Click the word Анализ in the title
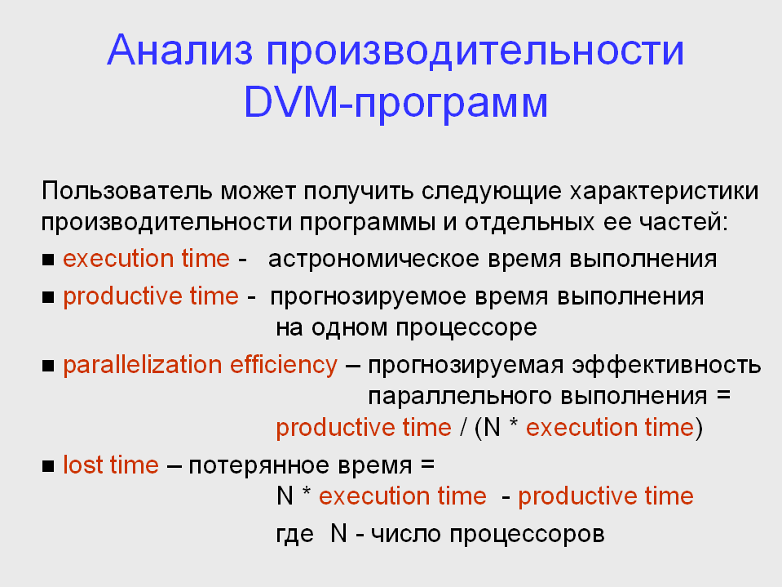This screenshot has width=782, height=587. click(180, 50)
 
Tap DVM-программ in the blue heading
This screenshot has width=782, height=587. click(395, 104)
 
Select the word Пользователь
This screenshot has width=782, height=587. click(127, 191)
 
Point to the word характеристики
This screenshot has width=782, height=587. click(665, 192)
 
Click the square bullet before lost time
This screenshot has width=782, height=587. click(48, 466)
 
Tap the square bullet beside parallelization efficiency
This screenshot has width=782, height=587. click(48, 366)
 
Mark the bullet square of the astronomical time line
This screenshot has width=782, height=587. click(48, 260)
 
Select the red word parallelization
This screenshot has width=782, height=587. click(143, 364)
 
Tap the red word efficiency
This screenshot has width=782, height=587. click(283, 364)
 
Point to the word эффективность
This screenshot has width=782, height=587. click(666, 366)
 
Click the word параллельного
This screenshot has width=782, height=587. click(461, 397)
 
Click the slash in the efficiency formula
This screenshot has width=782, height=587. click(464, 428)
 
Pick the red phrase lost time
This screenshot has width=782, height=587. click(111, 465)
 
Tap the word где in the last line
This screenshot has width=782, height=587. click(294, 535)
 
